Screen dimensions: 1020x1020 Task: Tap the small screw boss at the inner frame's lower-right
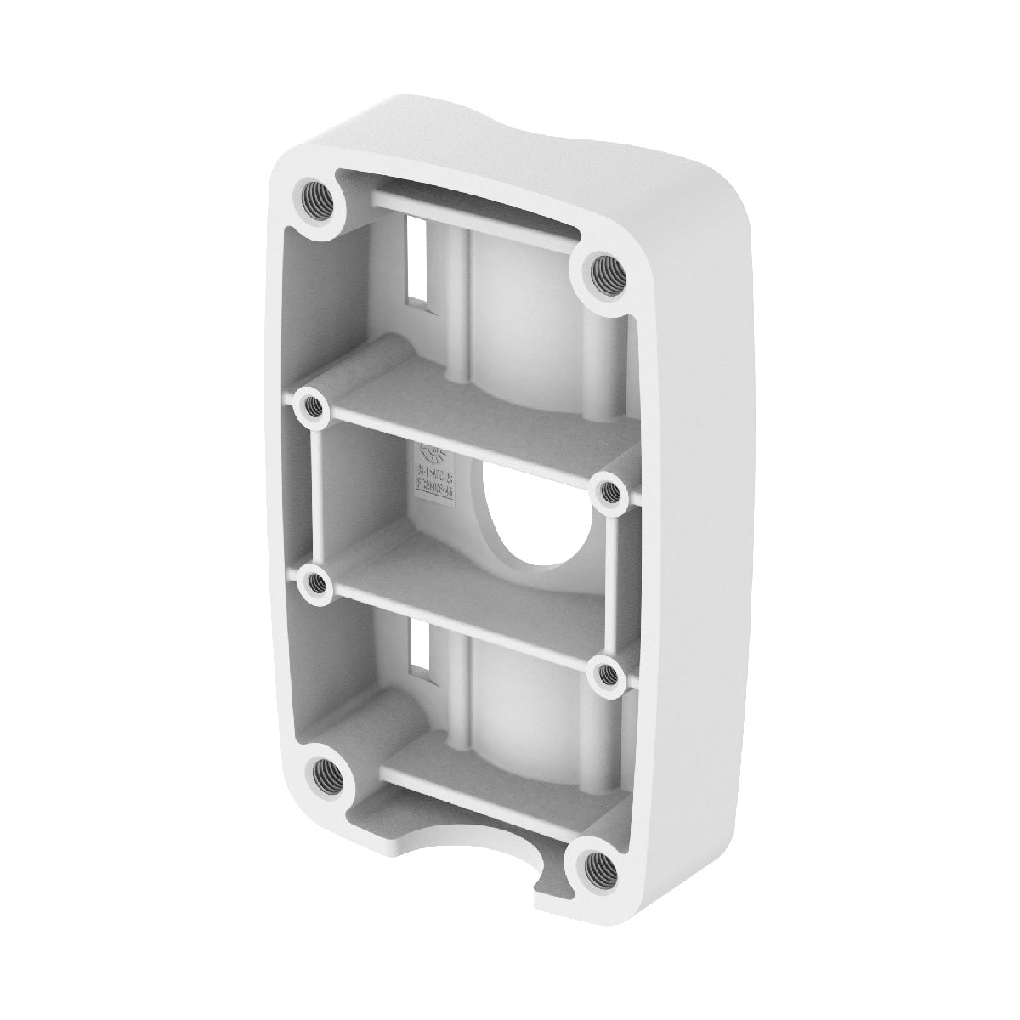pos(607,672)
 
